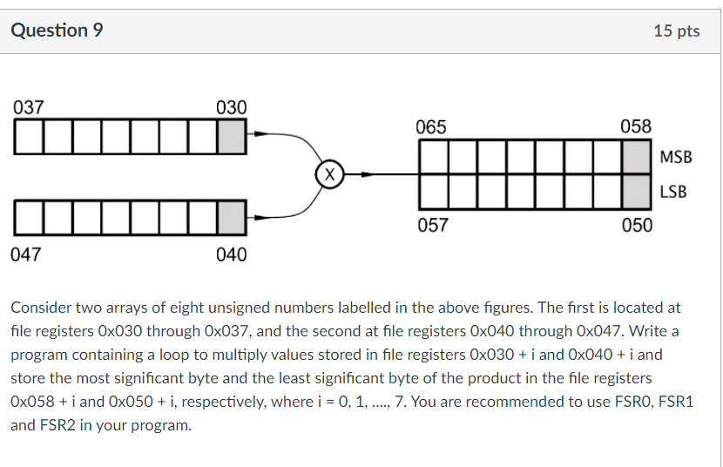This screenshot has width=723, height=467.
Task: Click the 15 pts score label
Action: pyautogui.click(x=676, y=30)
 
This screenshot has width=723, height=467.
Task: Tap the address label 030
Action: pyautogui.click(x=231, y=108)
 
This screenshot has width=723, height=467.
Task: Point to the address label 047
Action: pyautogui.click(x=28, y=254)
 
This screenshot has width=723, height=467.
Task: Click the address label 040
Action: pyautogui.click(x=231, y=254)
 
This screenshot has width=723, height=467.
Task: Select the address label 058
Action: pyautogui.click(x=636, y=126)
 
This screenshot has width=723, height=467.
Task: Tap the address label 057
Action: pyautogui.click(x=433, y=226)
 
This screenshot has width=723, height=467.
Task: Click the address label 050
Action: pyautogui.click(x=636, y=226)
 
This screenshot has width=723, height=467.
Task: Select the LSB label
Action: pyautogui.click(x=672, y=192)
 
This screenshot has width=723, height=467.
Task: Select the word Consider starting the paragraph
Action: pyautogui.click(x=42, y=308)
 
